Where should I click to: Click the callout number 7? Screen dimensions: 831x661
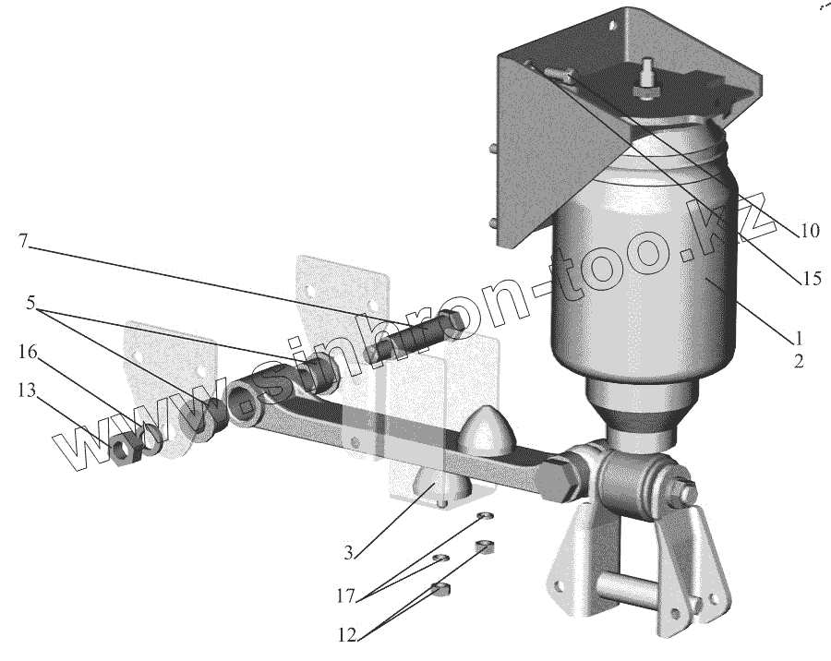(x=22, y=241)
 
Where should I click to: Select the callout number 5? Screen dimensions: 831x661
(x=31, y=304)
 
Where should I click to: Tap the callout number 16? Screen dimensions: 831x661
(x=28, y=352)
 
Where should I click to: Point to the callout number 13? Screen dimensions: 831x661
(x=27, y=391)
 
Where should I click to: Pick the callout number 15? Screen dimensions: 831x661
(x=812, y=278)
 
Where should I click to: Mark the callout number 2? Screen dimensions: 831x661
(x=799, y=362)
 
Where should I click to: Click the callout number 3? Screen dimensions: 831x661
(x=348, y=553)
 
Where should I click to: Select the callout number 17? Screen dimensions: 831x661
(x=345, y=596)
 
